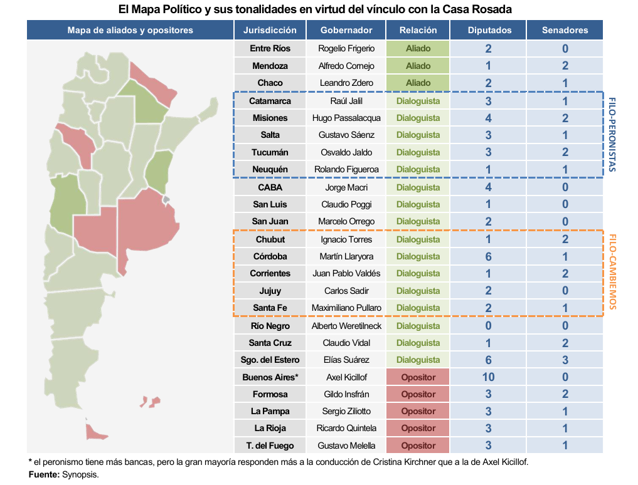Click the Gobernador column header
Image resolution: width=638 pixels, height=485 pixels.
[346, 30]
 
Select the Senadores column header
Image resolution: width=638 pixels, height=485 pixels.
[565, 30]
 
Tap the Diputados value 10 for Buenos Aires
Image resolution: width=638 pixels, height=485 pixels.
[488, 377]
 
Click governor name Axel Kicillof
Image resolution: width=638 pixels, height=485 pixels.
[346, 377]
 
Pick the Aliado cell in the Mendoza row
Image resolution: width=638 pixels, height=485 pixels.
[418, 66]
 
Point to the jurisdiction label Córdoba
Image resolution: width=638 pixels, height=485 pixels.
[270, 256]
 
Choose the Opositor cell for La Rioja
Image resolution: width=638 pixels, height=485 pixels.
[418, 428]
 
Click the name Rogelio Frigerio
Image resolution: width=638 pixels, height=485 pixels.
[346, 49]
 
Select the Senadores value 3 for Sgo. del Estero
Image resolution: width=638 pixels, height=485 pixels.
[565, 360]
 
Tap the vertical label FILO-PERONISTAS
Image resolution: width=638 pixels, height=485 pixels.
[612, 134]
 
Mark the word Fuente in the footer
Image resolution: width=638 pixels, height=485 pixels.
[44, 474]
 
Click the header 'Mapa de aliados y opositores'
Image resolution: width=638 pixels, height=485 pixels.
[130, 30]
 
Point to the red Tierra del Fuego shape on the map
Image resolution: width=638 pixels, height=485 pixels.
[95, 431]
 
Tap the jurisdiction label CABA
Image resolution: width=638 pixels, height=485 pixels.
[270, 187]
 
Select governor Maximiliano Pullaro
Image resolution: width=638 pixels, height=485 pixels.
[346, 308]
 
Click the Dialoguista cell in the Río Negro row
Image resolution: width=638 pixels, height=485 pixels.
[418, 326]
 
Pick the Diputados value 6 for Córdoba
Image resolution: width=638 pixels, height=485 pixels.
[488, 256]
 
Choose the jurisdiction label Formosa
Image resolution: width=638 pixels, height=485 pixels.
[270, 394]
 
